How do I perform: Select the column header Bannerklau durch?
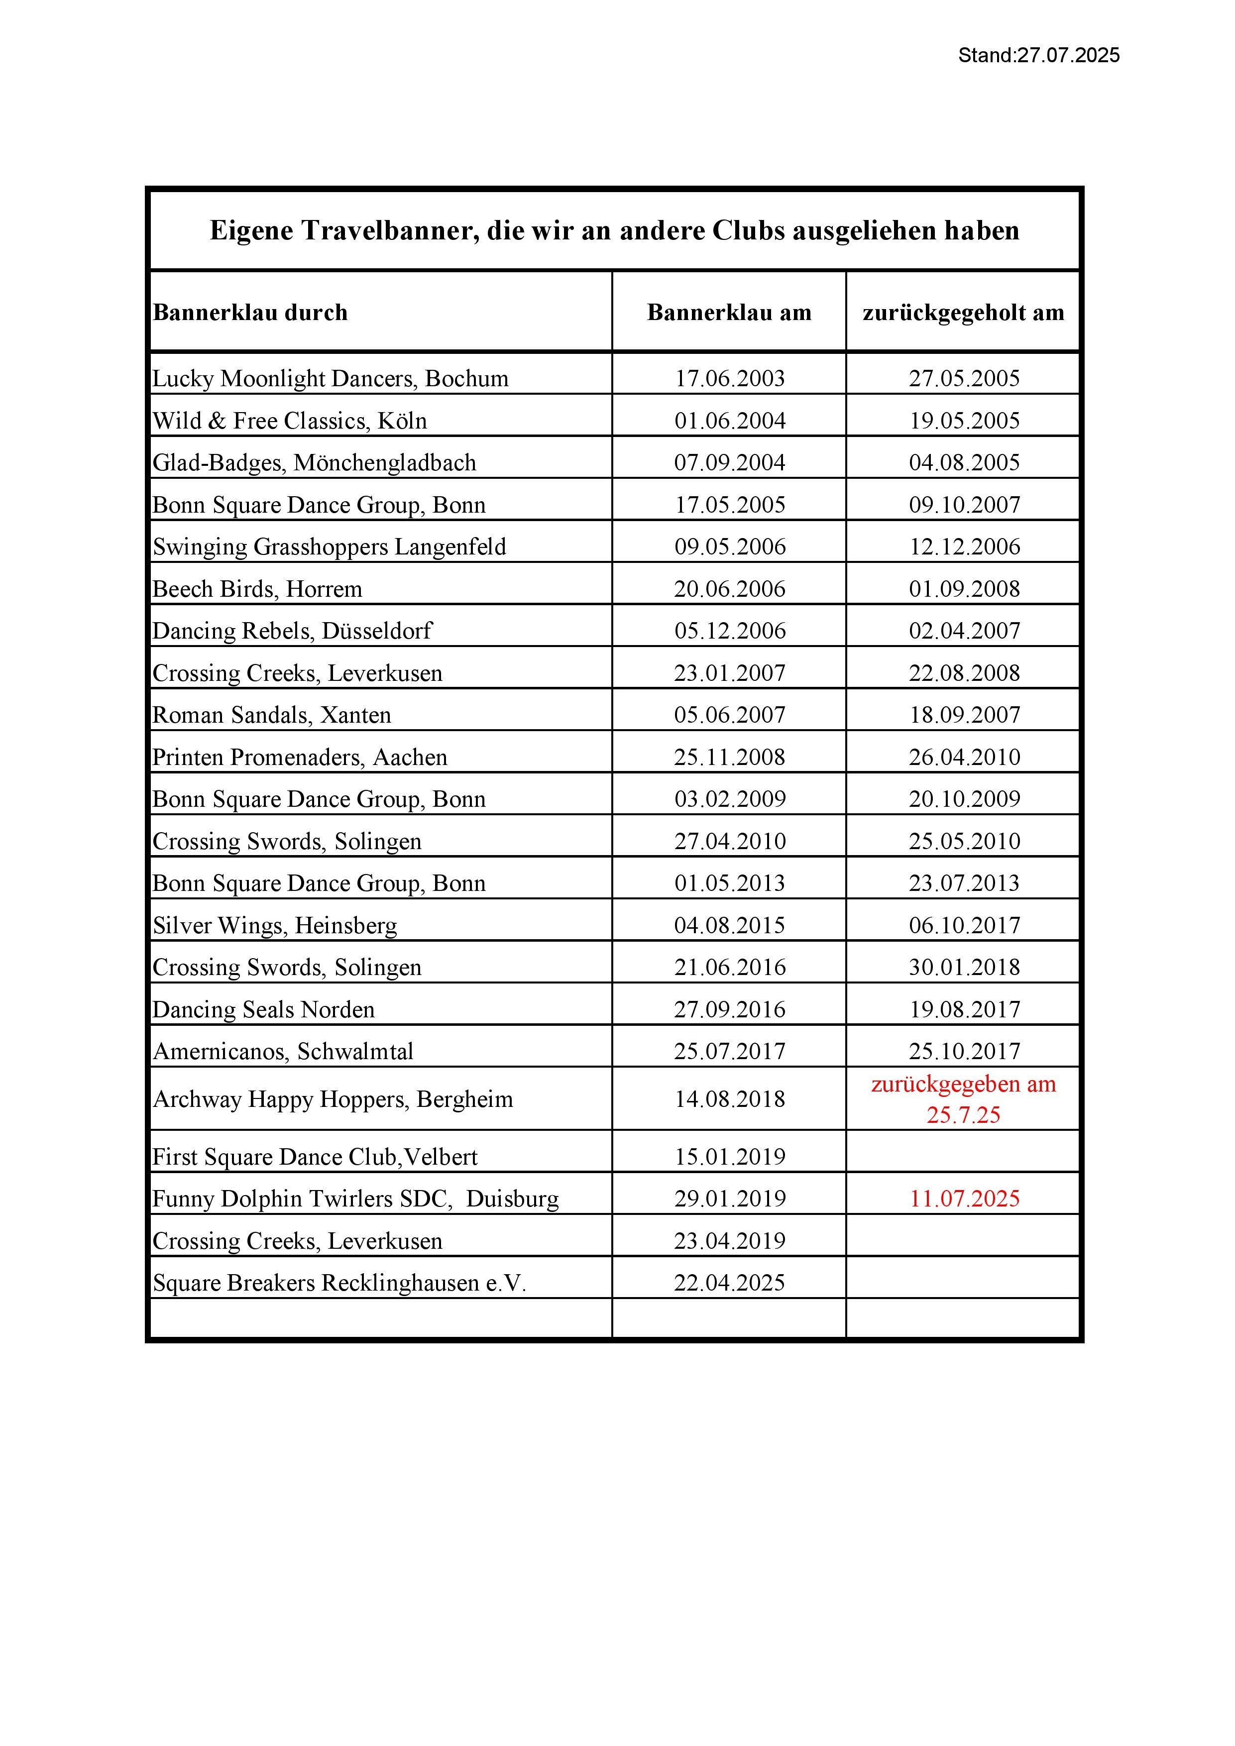[250, 313]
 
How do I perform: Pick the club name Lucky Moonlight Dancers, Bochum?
[330, 379]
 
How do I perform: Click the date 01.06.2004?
[729, 421]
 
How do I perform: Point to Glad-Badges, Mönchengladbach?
[314, 462]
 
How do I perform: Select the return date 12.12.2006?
[964, 547]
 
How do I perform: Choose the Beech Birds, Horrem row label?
[257, 589]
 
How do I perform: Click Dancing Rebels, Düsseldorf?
[292, 631]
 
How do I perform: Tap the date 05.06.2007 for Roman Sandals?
[729, 715]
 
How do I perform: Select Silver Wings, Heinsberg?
[275, 925]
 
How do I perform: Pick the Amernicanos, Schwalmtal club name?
[283, 1052]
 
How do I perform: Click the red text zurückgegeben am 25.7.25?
[964, 1099]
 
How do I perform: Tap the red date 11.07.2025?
[964, 1199]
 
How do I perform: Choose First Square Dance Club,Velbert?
[315, 1157]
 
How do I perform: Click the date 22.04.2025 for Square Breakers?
[729, 1283]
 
